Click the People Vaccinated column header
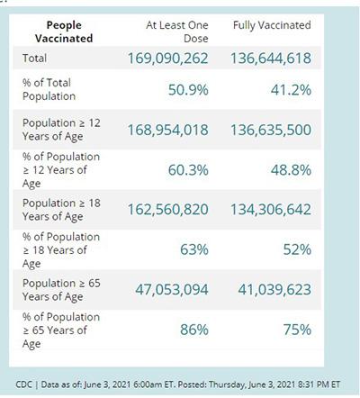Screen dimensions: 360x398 (64, 32)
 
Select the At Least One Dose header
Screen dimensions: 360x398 (177, 32)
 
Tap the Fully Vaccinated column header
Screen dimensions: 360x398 (272, 25)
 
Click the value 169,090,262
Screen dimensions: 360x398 (168, 59)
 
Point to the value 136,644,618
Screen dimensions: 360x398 (271, 59)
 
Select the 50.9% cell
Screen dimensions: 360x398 (188, 90)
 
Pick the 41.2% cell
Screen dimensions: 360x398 (291, 90)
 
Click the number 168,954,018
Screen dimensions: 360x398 (168, 130)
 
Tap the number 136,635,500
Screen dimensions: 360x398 (271, 130)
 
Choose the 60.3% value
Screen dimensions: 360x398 (188, 170)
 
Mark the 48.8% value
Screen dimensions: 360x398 (291, 170)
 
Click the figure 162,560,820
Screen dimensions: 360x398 (168, 210)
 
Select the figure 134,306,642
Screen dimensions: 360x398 (271, 210)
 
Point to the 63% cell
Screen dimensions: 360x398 (194, 249)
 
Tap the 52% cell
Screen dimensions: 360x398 (297, 249)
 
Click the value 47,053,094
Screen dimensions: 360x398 (172, 290)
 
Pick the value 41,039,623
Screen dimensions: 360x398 (274, 290)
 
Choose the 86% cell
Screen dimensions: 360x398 (194, 330)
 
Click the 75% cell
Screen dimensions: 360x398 (297, 330)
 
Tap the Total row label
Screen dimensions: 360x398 (34, 58)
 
